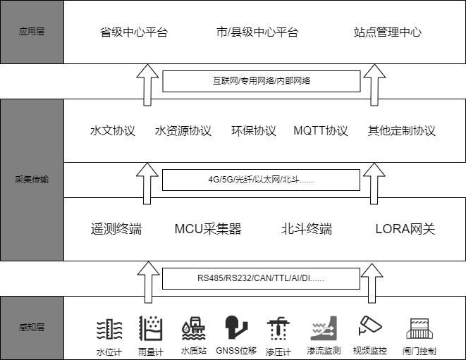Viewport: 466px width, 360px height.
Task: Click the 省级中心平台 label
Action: (134, 32)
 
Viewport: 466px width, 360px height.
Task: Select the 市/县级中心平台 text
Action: (257, 32)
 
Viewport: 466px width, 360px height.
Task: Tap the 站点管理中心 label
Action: (388, 32)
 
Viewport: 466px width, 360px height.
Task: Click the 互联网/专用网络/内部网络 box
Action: (262, 81)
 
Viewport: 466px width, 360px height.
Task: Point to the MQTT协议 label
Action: (321, 131)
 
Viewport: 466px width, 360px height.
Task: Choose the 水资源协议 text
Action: (183, 131)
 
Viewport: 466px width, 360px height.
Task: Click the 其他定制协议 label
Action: (402, 131)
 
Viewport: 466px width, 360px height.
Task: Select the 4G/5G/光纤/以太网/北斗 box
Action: (262, 180)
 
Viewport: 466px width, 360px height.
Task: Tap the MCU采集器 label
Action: (208, 229)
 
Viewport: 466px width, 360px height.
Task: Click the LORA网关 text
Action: (405, 229)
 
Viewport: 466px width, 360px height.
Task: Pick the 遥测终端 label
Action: (116, 229)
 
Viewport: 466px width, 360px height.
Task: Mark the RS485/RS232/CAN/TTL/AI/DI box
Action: (262, 278)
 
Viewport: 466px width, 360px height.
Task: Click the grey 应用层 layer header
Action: (32, 32)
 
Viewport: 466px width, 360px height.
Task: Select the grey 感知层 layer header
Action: (32, 328)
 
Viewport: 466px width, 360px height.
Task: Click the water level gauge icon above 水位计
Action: (109, 329)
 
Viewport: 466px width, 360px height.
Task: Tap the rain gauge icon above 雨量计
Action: (151, 328)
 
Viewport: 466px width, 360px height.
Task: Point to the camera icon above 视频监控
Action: (370, 325)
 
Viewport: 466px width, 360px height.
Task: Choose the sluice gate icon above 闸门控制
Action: (419, 328)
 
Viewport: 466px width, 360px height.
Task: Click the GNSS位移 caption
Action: (236, 351)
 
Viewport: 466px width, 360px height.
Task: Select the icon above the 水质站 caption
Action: (194, 328)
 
